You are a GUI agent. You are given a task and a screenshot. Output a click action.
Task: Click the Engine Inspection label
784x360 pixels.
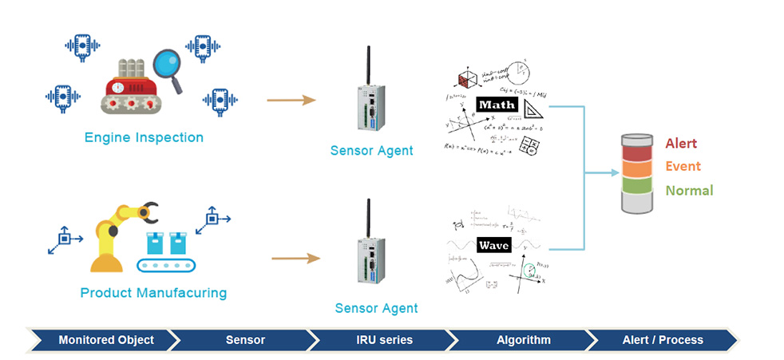click(x=144, y=137)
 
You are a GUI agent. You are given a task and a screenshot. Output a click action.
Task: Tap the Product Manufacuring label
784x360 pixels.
click(x=153, y=293)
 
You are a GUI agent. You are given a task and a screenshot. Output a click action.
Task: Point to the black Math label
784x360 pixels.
click(x=497, y=105)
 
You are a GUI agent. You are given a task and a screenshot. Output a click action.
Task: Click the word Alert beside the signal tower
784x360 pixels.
click(x=681, y=143)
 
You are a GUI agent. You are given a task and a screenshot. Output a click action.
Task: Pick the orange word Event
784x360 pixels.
click(x=683, y=166)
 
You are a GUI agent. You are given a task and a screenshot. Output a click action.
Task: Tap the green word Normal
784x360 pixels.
click(x=688, y=191)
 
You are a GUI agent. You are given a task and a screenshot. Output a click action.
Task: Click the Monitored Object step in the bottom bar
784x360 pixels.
click(x=105, y=340)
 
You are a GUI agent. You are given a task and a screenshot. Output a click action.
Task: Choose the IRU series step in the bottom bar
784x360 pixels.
click(x=384, y=340)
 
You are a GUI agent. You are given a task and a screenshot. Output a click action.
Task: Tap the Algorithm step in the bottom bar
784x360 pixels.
click(x=522, y=340)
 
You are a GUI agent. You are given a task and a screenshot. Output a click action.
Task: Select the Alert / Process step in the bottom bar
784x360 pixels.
click(x=663, y=340)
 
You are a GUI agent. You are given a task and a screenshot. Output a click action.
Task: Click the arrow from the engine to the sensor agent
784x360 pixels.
click(x=291, y=101)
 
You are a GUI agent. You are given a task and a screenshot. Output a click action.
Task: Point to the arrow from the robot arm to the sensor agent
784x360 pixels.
click(x=295, y=258)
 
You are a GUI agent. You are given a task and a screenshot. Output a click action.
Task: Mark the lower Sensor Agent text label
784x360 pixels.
click(x=376, y=308)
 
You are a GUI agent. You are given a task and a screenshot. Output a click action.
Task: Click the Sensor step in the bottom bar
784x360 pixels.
click(x=244, y=340)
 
